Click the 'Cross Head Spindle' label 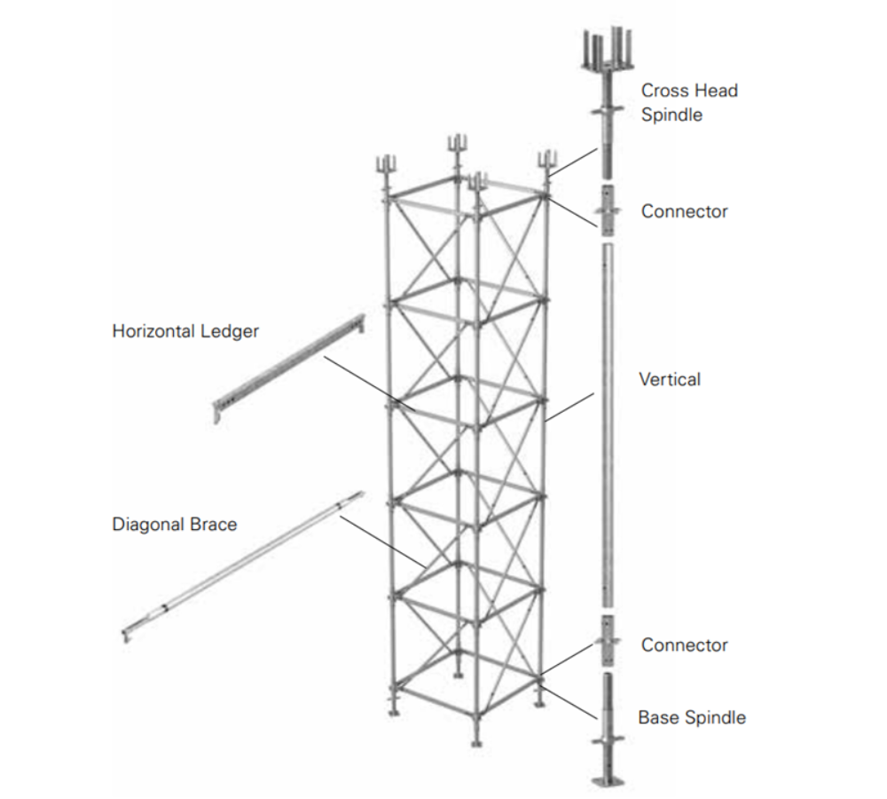[689, 102]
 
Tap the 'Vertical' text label [670, 380]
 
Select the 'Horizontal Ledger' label [185, 331]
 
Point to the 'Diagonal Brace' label [175, 525]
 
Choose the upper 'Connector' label [684, 211]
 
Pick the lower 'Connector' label [684, 645]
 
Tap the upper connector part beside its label [607, 211]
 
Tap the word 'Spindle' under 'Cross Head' [671, 115]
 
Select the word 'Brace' [216, 525]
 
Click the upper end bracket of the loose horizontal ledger [359, 321]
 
